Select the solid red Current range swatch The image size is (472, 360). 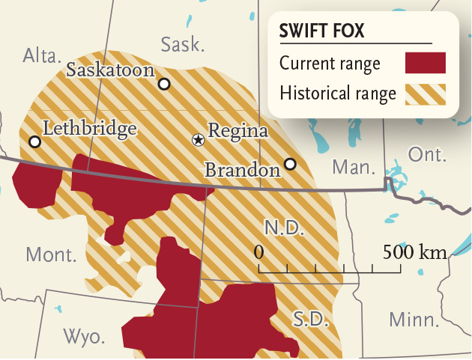point(425,64)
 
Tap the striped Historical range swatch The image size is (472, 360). point(425,94)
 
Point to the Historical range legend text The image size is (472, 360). point(337,94)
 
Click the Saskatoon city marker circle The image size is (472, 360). point(163,85)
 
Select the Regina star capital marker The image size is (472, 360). point(198,139)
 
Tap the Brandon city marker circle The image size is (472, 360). point(290,164)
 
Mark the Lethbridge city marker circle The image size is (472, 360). point(34,141)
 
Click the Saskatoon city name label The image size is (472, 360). point(110,70)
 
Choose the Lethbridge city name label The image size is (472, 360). point(90,128)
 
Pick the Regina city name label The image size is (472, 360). point(238,131)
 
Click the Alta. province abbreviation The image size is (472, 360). point(43,55)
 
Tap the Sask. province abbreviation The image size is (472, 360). point(182,44)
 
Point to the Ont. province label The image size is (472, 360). point(427,155)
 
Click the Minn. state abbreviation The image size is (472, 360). point(414,320)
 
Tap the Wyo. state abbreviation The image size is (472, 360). point(83,336)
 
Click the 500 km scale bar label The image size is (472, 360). point(414,251)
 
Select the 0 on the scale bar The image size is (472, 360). point(259,251)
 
